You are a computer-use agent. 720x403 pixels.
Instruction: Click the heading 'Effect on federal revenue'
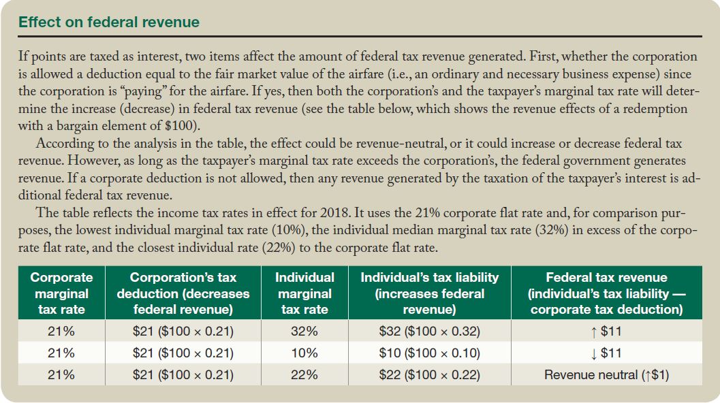109,22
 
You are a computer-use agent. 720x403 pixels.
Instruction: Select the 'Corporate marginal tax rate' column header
61,293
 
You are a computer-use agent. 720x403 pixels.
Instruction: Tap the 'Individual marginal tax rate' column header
304,293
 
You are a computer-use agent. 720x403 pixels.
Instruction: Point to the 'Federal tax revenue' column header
606,293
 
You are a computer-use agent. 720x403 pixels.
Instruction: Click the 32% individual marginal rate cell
304,332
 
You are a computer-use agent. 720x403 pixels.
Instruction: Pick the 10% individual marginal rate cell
304,353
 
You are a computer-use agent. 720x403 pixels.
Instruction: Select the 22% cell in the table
304,375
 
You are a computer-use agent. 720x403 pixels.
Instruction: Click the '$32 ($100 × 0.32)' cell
429,332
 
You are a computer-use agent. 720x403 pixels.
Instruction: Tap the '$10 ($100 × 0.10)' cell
429,353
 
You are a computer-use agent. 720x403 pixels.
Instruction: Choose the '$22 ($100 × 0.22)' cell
429,375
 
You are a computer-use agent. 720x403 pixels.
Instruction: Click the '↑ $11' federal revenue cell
606,332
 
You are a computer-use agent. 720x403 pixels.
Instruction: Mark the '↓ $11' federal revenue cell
606,353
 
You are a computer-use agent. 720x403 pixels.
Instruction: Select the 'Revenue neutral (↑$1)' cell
606,375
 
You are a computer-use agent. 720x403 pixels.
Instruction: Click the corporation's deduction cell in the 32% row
183,332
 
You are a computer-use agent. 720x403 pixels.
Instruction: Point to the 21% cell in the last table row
61,375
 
